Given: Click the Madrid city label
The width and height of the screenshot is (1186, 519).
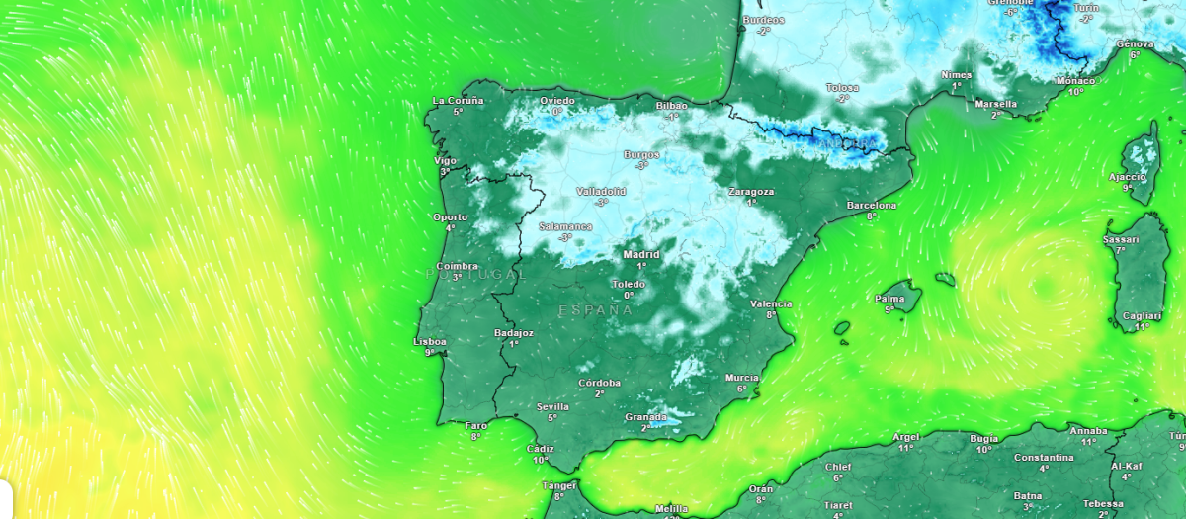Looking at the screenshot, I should [641, 254].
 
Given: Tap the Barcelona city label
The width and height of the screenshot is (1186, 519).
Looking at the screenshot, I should [872, 205].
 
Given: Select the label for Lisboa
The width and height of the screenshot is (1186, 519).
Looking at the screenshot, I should [429, 341].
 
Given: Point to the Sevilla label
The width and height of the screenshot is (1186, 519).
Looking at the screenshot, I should [552, 406].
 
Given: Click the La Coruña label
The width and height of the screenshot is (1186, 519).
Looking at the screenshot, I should [459, 101].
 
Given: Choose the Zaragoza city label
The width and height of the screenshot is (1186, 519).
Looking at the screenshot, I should [751, 191].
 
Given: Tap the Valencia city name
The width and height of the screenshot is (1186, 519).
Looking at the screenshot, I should [771, 303].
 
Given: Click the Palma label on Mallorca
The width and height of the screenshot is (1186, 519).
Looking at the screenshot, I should [889, 298].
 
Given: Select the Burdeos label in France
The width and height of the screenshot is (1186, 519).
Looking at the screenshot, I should [764, 20].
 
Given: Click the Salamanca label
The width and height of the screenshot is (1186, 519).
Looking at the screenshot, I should [565, 226].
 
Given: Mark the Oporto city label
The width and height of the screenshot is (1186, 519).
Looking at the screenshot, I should [450, 216].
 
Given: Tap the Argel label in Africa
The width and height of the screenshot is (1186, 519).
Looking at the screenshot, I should [905, 436].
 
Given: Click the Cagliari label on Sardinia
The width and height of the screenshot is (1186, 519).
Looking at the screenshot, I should [1143, 315].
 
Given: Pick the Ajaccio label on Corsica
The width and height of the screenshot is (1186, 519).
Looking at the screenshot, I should [1127, 177].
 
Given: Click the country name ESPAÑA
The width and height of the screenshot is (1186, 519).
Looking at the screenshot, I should [595, 310].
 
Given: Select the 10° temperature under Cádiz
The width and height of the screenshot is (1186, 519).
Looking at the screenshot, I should [541, 460].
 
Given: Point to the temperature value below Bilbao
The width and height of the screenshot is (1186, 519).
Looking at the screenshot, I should [672, 117].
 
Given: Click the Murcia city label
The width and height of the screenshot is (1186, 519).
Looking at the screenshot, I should [741, 378].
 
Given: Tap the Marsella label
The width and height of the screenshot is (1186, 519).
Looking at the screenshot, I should [996, 104].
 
